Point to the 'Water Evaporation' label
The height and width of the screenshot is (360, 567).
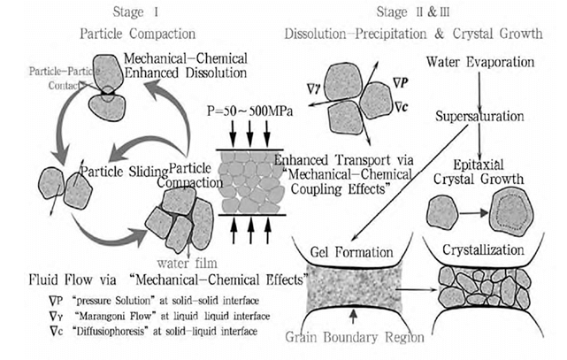tap(480, 64)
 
